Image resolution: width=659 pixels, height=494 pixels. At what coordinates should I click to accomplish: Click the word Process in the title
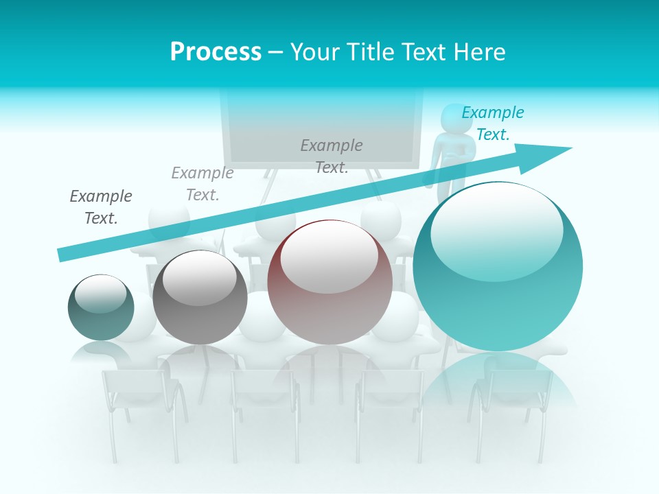pyautogui.click(x=216, y=52)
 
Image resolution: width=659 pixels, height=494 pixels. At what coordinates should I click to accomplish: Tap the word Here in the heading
pyautogui.click(x=478, y=52)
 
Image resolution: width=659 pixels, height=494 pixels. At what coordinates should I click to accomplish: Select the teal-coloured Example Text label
pyautogui.click(x=492, y=123)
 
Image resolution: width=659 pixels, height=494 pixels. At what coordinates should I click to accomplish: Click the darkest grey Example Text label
pyautogui.click(x=101, y=207)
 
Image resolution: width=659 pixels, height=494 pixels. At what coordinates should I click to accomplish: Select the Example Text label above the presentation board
pyautogui.click(x=332, y=156)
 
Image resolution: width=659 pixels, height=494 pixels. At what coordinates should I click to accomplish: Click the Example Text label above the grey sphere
pyautogui.click(x=203, y=184)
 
